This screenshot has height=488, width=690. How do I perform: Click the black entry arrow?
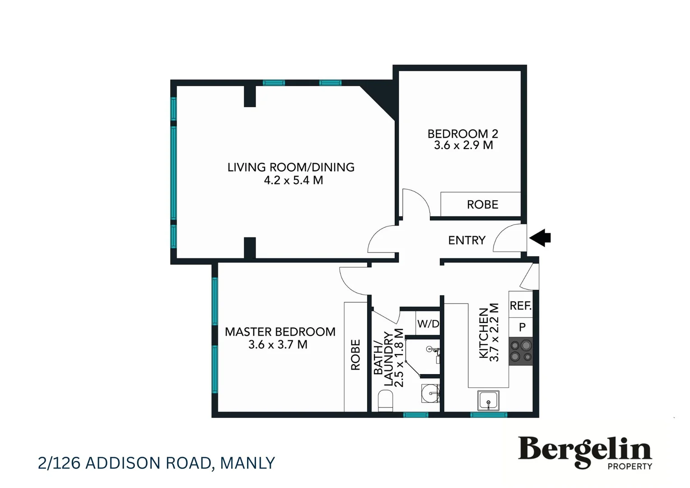point(540,238)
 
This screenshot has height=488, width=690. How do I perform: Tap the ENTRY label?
point(466,240)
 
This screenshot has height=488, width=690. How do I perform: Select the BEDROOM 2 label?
point(462,134)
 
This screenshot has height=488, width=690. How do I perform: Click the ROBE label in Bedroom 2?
point(482,205)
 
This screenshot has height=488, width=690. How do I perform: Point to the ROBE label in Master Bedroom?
point(355,355)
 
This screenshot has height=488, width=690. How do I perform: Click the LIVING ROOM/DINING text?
point(291,167)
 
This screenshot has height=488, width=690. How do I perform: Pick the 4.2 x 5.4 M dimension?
point(294,180)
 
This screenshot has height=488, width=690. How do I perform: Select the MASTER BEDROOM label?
point(280,332)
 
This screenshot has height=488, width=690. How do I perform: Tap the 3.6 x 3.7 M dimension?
point(278,345)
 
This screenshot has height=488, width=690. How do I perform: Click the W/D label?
point(428,324)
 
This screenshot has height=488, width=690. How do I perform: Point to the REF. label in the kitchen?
point(520,306)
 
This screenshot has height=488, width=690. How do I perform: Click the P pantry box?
point(522,327)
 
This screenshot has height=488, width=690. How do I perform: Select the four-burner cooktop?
point(521,352)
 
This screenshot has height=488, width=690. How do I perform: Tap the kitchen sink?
point(488,401)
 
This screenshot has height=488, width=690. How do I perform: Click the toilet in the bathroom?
point(385,401)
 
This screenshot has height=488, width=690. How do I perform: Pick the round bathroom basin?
point(430,393)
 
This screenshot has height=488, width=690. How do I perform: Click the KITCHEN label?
point(483,333)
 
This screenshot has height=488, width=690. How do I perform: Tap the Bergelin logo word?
point(584,450)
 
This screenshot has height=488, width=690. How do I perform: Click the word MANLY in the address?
point(247,463)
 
